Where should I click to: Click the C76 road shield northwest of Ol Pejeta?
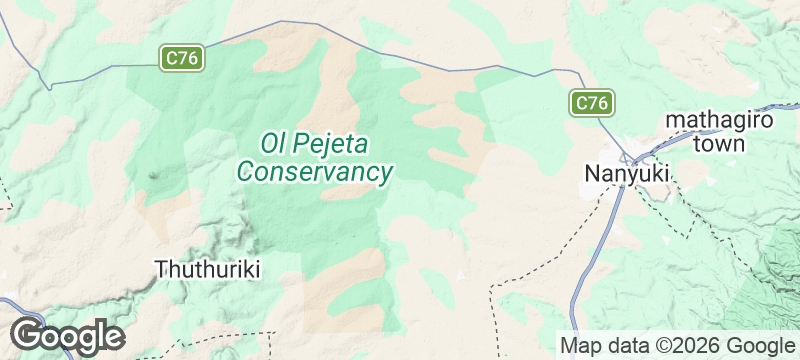pyautogui.click(x=182, y=58)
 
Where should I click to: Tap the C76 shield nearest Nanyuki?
pyautogui.click(x=592, y=102)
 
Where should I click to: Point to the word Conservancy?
pyautogui.click(x=314, y=172)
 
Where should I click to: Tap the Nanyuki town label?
pyautogui.click(x=626, y=174)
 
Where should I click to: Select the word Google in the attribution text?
pyautogui.click(x=759, y=345)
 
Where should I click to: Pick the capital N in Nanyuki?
pyautogui.click(x=591, y=174)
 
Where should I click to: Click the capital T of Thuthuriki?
pyautogui.click(x=162, y=268)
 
